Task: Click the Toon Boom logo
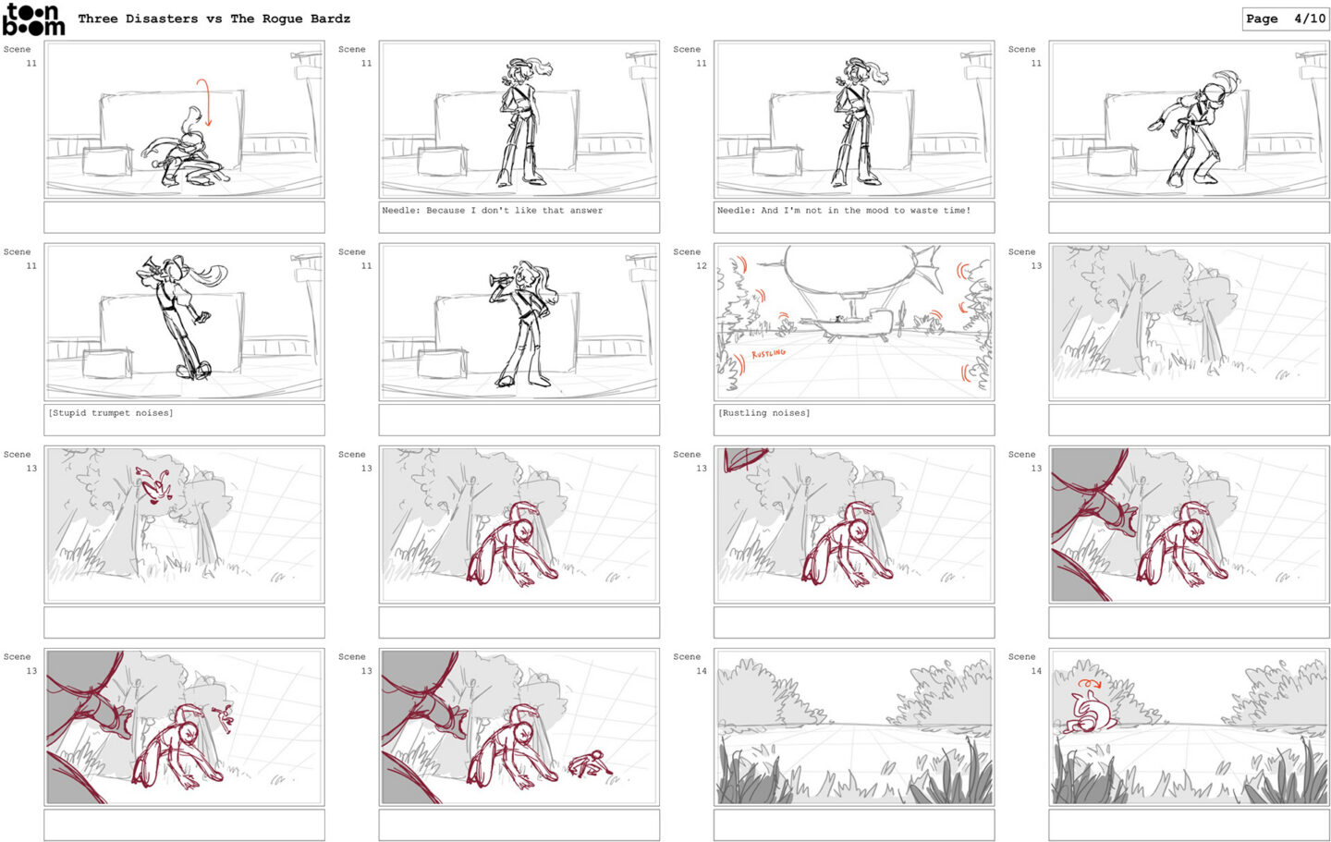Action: point(33,19)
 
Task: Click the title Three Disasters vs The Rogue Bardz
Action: point(214,18)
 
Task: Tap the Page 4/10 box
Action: point(1285,19)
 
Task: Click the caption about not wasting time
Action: point(844,211)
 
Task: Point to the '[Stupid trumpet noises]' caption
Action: point(111,413)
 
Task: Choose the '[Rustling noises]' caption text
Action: point(764,413)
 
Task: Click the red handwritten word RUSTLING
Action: point(768,354)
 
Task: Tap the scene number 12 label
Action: point(702,265)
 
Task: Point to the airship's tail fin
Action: point(927,267)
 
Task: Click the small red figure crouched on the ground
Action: point(590,764)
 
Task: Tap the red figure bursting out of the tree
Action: point(153,485)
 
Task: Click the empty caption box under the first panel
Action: point(184,217)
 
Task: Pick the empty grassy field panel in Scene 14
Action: point(854,727)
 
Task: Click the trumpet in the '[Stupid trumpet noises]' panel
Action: point(149,267)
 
